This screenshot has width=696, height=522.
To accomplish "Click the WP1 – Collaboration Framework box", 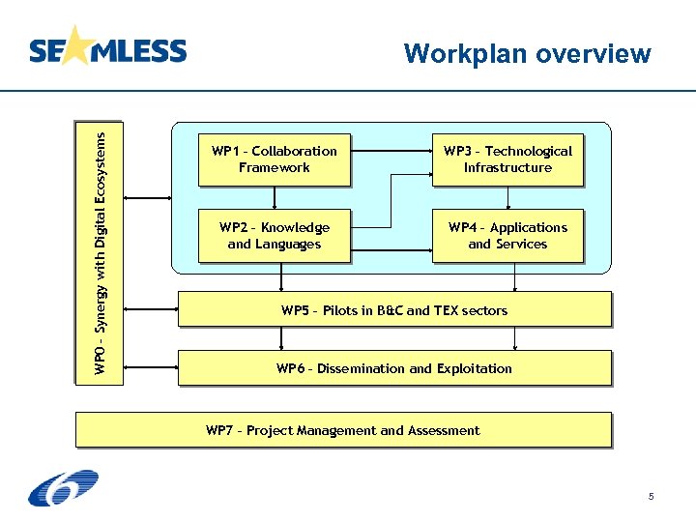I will tap(274, 159).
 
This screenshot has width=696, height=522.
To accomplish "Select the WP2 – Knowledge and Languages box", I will tap(274, 236).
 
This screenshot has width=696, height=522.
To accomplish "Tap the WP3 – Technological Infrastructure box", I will tap(507, 159).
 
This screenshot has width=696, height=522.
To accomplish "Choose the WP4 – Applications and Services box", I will tap(507, 236).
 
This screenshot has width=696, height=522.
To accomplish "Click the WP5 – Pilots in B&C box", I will tap(393, 310).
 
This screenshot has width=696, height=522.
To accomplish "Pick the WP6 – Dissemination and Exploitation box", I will tap(393, 368).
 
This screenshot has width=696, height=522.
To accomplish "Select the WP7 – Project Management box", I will tap(343, 430).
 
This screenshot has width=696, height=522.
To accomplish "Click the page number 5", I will tap(651, 497).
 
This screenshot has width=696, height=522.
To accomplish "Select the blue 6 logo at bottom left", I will tap(63, 488).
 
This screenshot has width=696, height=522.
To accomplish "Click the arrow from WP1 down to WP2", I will tap(275, 198).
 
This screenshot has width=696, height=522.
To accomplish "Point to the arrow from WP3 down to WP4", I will tap(507, 198).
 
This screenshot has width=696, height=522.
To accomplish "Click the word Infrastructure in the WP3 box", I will tap(507, 167).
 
